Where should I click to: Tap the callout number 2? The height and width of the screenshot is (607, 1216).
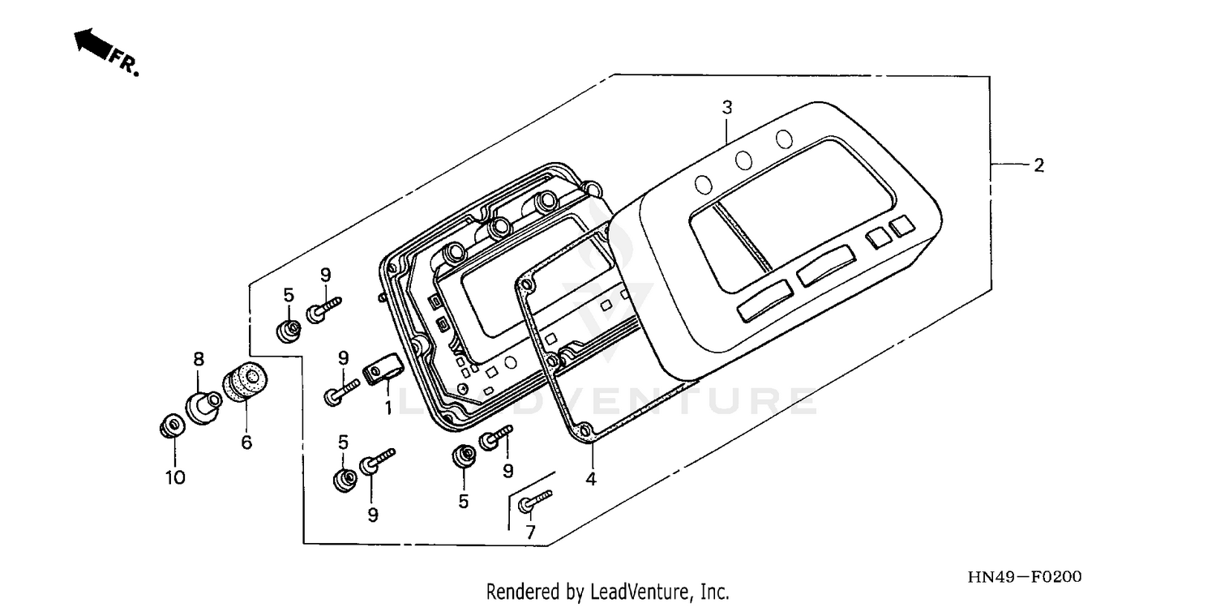[x=1038, y=165]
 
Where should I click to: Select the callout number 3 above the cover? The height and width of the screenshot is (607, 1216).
[x=727, y=107]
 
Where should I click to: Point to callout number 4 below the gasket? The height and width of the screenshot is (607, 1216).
[x=591, y=479]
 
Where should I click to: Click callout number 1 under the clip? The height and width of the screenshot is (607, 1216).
[x=388, y=408]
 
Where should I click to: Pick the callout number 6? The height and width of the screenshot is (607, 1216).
[x=246, y=442]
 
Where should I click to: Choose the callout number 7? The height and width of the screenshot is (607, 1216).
[x=531, y=532]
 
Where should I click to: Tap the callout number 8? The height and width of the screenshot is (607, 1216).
[x=197, y=358]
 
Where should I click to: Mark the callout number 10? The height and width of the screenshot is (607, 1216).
[x=176, y=477]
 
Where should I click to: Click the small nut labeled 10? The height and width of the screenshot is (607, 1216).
[x=171, y=425]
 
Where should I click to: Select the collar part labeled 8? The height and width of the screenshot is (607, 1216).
[x=203, y=404]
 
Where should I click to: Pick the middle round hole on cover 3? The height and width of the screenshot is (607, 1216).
[x=743, y=160]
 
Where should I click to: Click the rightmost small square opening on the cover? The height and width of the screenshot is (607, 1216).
[x=900, y=226]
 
